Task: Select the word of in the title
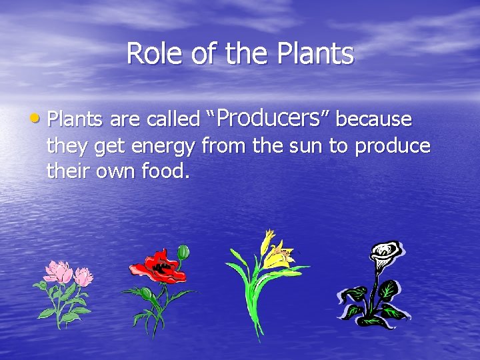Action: tap(203, 53)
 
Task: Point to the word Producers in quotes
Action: tap(269, 118)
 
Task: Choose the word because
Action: tap(373, 119)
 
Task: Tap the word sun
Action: tap(307, 146)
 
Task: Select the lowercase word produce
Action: tap(392, 147)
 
